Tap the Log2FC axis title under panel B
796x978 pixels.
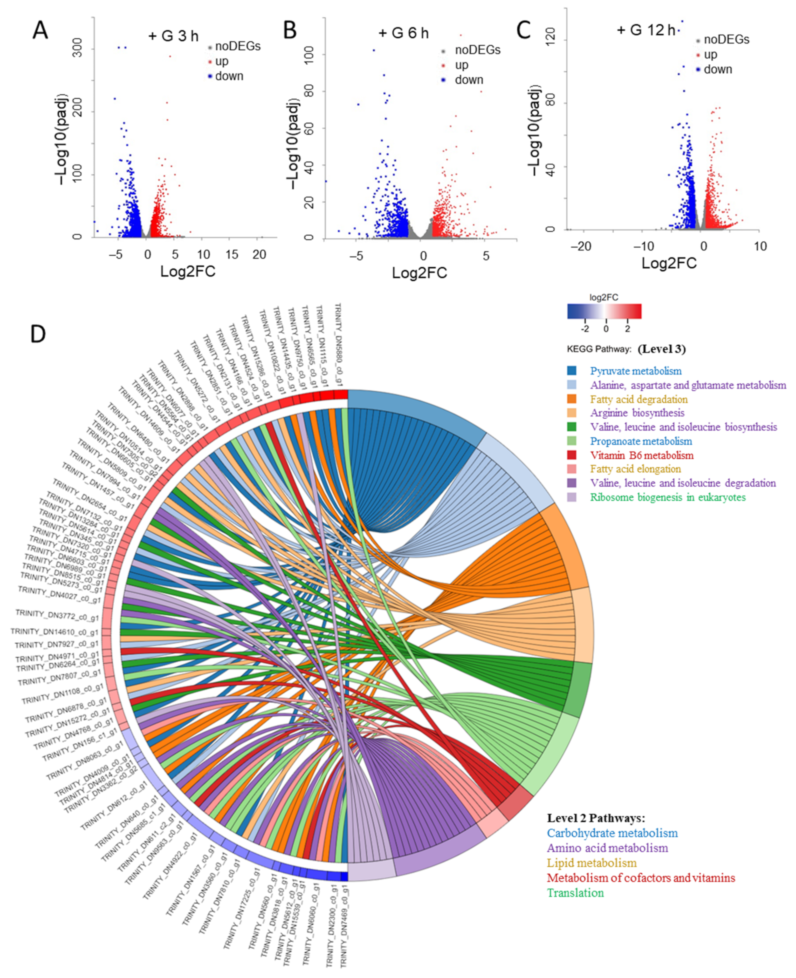[x=419, y=273]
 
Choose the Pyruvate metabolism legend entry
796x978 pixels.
[x=636, y=371]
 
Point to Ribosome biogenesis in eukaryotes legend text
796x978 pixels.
[x=668, y=497]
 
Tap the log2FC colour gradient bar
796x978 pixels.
[x=604, y=311]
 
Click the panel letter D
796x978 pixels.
[x=38, y=334]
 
